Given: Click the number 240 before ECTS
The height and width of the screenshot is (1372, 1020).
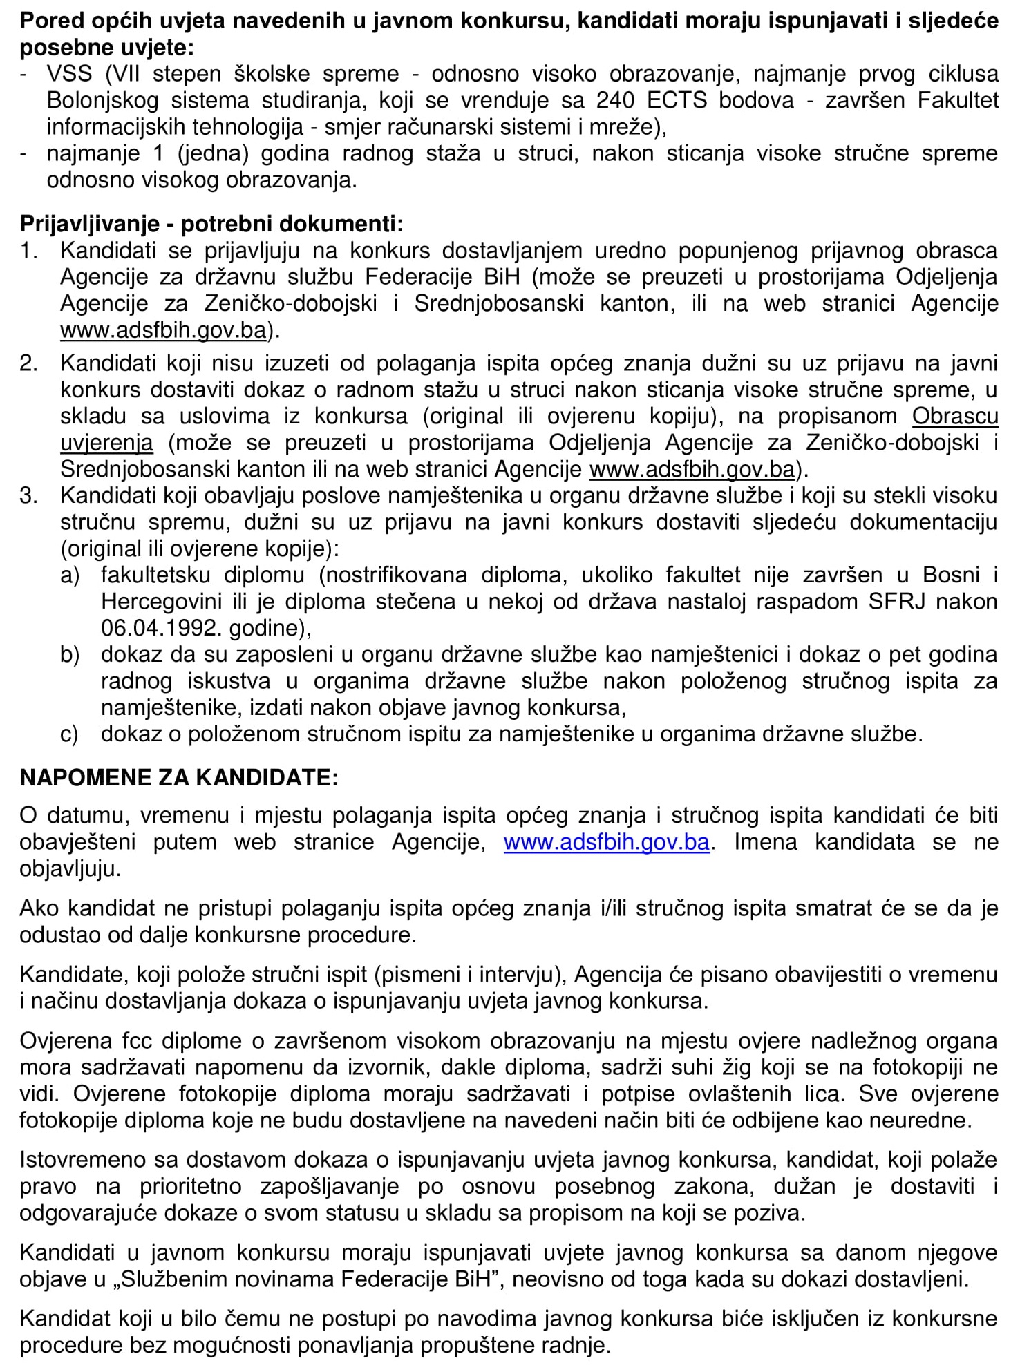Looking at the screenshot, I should pyautogui.click(x=615, y=101).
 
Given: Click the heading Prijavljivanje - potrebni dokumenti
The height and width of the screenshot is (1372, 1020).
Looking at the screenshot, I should pyautogui.click(x=211, y=224).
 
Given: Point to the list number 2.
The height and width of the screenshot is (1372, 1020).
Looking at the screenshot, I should pyautogui.click(x=28, y=363).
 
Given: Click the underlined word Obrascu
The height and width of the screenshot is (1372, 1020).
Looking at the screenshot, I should pyautogui.click(x=955, y=417).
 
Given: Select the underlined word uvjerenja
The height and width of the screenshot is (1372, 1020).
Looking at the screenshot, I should pyautogui.click(x=106, y=443).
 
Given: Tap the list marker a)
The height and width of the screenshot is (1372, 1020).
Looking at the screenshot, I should pyautogui.click(x=70, y=575).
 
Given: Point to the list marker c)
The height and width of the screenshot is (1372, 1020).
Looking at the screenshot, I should pyautogui.click(x=69, y=734).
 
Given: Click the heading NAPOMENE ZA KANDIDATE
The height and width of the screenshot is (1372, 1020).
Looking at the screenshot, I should pyautogui.click(x=179, y=778).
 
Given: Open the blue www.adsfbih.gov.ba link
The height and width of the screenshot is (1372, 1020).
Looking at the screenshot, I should pyautogui.click(x=606, y=843).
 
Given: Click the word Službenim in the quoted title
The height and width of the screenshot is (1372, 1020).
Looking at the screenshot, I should pyautogui.click(x=182, y=1279).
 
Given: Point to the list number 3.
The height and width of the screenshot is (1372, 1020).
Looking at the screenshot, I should pyautogui.click(x=28, y=496).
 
